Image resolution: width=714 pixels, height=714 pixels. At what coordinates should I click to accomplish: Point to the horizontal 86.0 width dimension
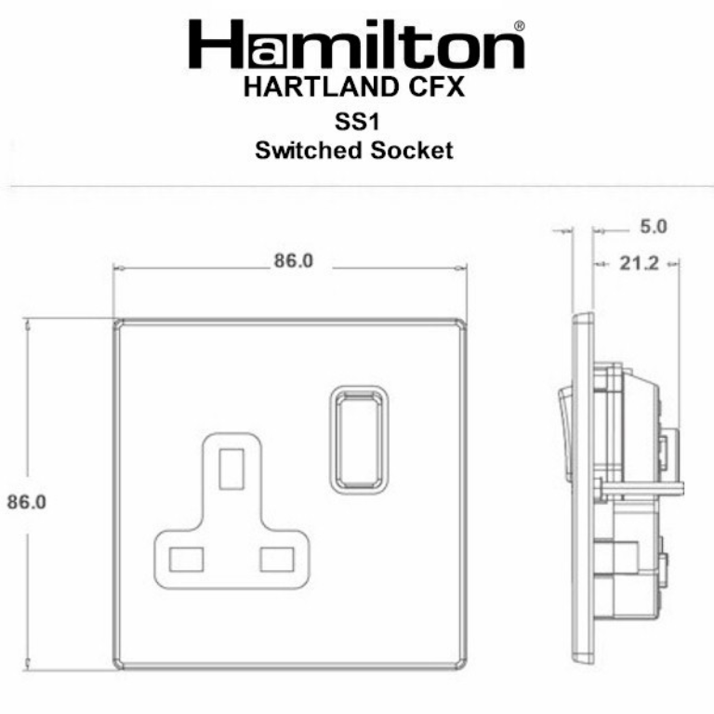[x=292, y=262]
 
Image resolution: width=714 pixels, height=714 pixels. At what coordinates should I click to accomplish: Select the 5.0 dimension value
[x=654, y=226]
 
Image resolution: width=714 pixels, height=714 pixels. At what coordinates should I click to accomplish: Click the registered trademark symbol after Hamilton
[x=518, y=27]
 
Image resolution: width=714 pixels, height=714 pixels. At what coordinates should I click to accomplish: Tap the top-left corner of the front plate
[x=118, y=323]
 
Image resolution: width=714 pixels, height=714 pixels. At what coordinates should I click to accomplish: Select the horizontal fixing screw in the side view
[x=641, y=487]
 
